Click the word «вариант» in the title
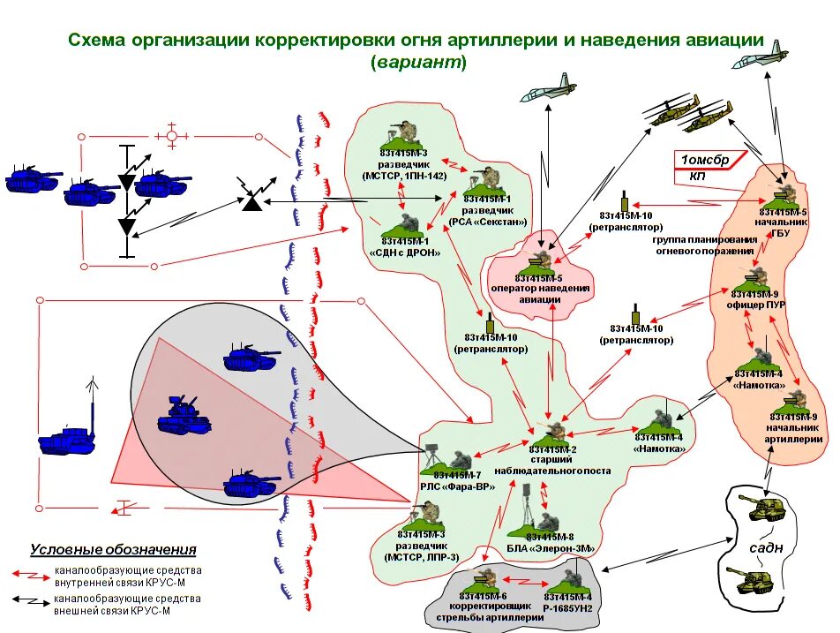click(418, 63)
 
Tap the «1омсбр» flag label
click(703, 159)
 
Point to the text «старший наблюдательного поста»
click(558, 465)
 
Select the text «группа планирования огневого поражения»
click(705, 245)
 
